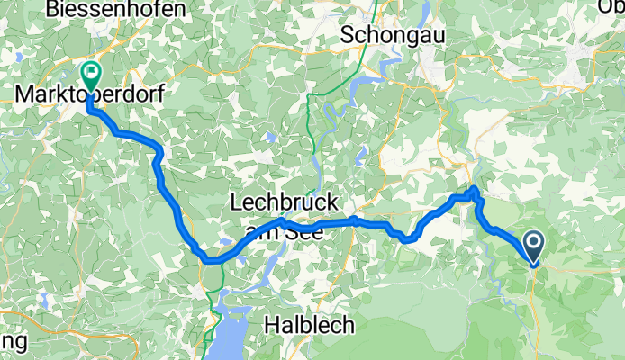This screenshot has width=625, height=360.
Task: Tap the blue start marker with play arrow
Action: [x=532, y=244]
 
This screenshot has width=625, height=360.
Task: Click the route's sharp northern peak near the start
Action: [x=475, y=189]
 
